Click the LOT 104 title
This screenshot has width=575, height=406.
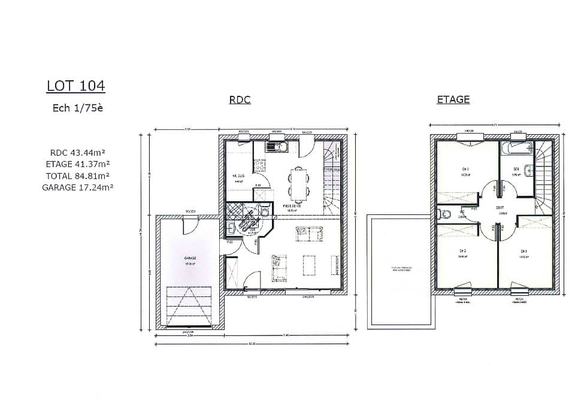(75, 86)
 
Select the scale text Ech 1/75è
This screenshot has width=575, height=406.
(77, 108)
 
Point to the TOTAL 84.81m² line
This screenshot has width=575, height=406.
(77, 175)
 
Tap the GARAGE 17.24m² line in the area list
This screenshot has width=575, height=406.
(78, 187)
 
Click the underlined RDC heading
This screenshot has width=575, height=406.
(240, 100)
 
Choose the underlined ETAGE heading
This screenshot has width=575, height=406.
(453, 99)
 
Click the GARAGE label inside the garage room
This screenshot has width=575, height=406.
(190, 258)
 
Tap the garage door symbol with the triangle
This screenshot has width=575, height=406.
(189, 306)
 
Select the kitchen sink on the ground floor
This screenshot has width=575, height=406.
(276, 146)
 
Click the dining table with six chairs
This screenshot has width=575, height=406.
(298, 183)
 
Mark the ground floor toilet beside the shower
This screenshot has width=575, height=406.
(264, 210)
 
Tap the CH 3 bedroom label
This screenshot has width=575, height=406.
(465, 169)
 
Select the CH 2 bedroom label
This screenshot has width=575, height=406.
(462, 250)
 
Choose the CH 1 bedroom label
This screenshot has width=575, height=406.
(523, 250)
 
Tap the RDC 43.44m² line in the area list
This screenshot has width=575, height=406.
(78, 153)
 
